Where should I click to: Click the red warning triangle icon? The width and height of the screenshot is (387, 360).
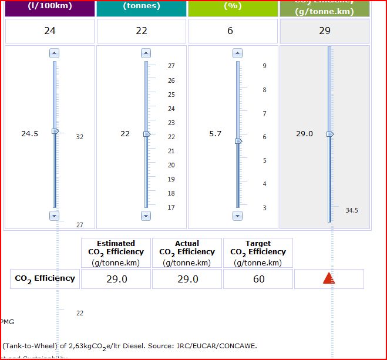pyautogui.click(x=329, y=278)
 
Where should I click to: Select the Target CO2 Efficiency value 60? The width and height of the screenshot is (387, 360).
pyautogui.click(x=258, y=279)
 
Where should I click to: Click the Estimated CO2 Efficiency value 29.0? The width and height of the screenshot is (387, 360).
pyautogui.click(x=116, y=279)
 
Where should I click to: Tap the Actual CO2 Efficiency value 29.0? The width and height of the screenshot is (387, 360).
pyautogui.click(x=187, y=279)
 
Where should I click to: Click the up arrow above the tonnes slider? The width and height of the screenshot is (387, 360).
pyautogui.click(x=146, y=53)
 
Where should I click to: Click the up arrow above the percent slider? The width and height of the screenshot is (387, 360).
pyautogui.click(x=238, y=53)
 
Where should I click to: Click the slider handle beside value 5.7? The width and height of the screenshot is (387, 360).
pyautogui.click(x=238, y=141)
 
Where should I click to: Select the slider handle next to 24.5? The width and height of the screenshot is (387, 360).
pyautogui.click(x=55, y=131)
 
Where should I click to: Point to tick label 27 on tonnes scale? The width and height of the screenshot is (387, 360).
pyautogui.click(x=171, y=66)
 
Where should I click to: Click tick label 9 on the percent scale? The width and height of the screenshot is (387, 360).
pyautogui.click(x=264, y=66)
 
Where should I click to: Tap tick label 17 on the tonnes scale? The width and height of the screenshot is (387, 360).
pyautogui.click(x=171, y=207)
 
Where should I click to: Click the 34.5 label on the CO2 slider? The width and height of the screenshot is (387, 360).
pyautogui.click(x=352, y=210)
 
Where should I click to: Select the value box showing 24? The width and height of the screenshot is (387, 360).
pyautogui.click(x=50, y=31)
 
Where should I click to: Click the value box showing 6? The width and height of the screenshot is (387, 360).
pyautogui.click(x=230, y=31)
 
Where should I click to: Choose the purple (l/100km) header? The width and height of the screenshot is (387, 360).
pyautogui.click(x=50, y=8)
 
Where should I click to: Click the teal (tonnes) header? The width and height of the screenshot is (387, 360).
pyautogui.click(x=142, y=8)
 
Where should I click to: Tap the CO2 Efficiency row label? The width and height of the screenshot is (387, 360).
pyautogui.click(x=45, y=278)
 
